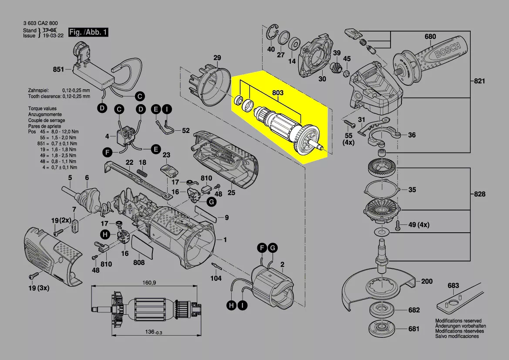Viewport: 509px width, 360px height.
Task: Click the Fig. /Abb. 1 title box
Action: click(88, 33)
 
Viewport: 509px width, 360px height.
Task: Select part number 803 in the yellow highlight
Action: click(277, 93)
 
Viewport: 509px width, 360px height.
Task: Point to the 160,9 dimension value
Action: click(149, 282)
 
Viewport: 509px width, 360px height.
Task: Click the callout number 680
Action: click(430, 37)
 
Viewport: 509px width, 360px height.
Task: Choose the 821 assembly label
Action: click(479, 81)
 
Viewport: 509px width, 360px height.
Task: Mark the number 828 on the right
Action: click(479, 194)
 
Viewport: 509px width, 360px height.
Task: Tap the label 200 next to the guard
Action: click(427, 281)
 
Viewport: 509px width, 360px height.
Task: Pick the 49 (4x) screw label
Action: click(418, 225)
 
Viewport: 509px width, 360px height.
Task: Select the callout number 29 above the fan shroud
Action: click(217, 58)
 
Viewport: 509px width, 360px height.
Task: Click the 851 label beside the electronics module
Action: click(58, 69)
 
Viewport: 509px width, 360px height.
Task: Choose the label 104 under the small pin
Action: click(216, 278)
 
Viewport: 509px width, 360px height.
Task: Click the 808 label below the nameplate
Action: click(138, 262)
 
